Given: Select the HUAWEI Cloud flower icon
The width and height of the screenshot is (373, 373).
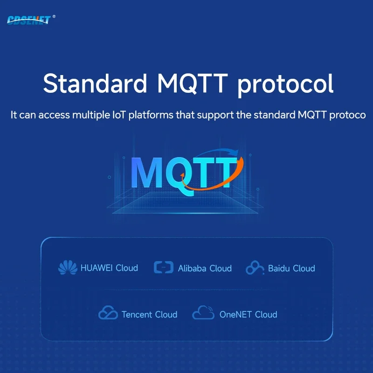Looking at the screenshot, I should pyautogui.click(x=68, y=268).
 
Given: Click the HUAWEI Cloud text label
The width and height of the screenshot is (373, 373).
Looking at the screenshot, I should pyautogui.click(x=109, y=268).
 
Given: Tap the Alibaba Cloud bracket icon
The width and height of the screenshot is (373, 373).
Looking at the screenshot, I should pyautogui.click(x=163, y=268).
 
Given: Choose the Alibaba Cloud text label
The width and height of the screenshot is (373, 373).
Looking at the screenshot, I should pyautogui.click(x=205, y=269).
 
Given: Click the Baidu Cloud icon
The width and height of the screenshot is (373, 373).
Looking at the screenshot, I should pyautogui.click(x=255, y=268).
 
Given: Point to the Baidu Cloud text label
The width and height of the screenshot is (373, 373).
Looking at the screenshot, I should pyautogui.click(x=291, y=269).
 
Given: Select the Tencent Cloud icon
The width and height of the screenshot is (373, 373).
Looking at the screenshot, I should pyautogui.click(x=108, y=313).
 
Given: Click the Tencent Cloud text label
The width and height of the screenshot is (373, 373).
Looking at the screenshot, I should pyautogui.click(x=149, y=315).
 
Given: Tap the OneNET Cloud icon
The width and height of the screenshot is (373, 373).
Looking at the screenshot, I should pyautogui.click(x=203, y=313).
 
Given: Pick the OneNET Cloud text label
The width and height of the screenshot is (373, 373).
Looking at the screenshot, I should pyautogui.click(x=248, y=315).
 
